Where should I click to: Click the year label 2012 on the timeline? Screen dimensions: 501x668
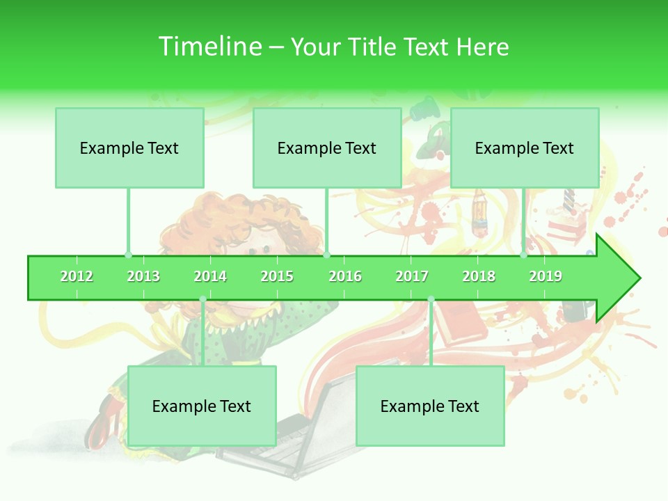coord(77,276)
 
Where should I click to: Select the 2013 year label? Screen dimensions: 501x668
coord(143,276)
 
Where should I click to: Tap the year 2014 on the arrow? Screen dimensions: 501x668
coord(210,276)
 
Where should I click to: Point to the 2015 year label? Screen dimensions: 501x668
coord(277,276)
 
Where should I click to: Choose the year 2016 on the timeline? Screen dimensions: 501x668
coord(345,276)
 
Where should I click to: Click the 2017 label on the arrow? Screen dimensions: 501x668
coord(412,276)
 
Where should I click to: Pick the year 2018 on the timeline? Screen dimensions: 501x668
coord(479,276)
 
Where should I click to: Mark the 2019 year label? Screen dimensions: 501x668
coord(546,276)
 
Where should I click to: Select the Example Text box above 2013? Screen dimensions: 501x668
coord(129,148)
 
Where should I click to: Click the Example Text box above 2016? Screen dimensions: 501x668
coord(327,148)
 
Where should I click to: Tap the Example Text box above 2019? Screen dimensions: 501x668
coord(525,148)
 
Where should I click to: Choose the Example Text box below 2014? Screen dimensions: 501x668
coord(202,406)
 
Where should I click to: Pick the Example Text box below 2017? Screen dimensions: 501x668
coord(430,406)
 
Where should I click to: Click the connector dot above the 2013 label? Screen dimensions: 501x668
coord(128,255)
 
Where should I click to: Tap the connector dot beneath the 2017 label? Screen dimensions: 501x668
coord(431,299)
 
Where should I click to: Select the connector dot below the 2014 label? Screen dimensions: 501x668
coord(202,299)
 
